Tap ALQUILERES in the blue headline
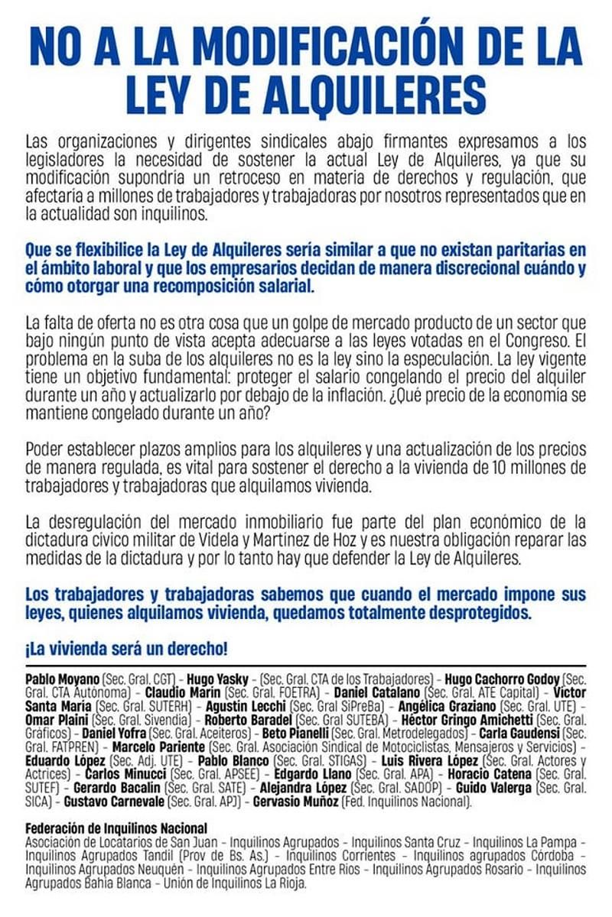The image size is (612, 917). [345, 96]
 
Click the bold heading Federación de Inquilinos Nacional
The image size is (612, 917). [116, 828]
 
